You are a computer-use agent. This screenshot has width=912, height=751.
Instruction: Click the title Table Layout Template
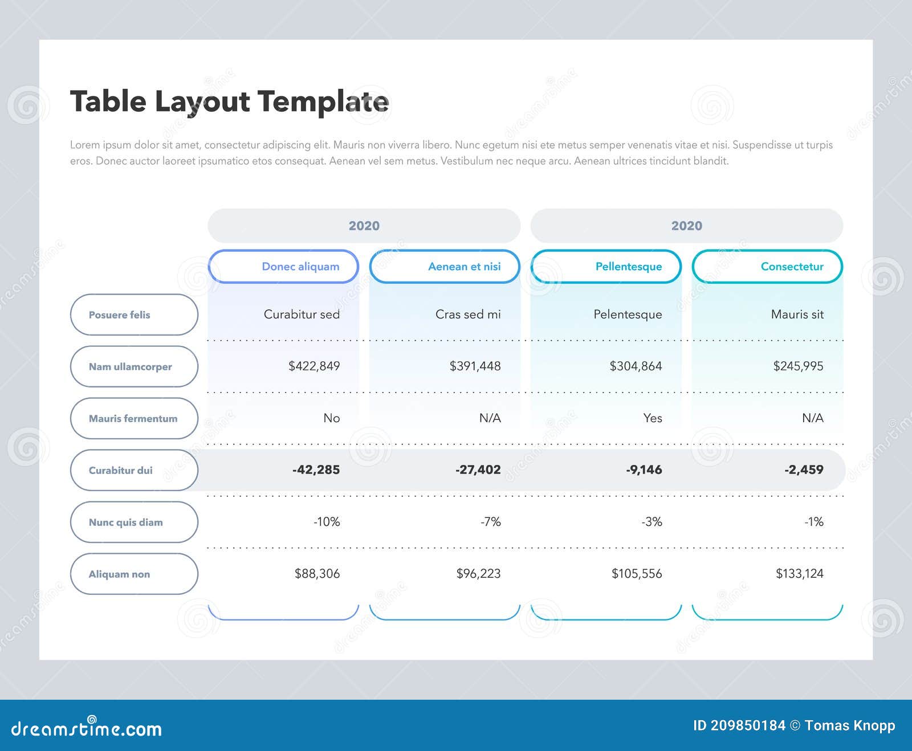pyautogui.click(x=229, y=101)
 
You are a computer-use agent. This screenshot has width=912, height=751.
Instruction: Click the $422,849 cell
pyautogui.click(x=314, y=366)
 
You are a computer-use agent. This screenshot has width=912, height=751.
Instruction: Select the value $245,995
pyautogui.click(x=798, y=366)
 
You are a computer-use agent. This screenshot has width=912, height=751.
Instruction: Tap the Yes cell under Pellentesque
pyautogui.click(x=653, y=418)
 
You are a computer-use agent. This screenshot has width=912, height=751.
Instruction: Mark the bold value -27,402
pyautogui.click(x=478, y=470)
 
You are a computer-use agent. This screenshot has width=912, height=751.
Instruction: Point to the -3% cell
pyautogui.click(x=652, y=522)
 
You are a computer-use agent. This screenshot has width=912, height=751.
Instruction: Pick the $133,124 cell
pyautogui.click(x=799, y=574)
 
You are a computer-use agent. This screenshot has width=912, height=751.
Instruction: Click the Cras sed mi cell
pyautogui.click(x=468, y=315)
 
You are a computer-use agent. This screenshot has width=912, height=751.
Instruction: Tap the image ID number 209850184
pyautogui.click(x=747, y=725)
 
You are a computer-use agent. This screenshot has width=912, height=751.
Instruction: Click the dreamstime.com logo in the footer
pyautogui.click(x=87, y=729)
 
